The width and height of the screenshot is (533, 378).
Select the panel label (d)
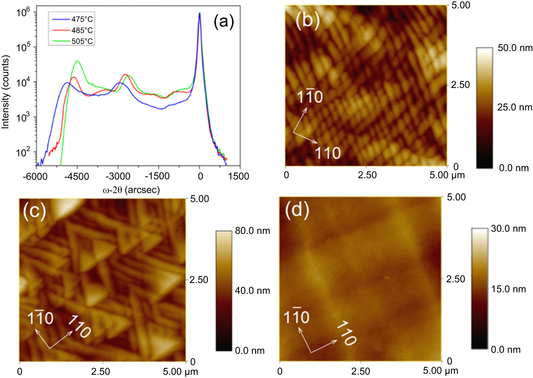(x=297, y=209)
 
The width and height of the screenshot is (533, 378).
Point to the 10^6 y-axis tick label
(x=23, y=13)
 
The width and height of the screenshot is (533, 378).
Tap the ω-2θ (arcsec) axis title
(x=131, y=190)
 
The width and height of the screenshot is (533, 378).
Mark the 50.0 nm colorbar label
(x=515, y=48)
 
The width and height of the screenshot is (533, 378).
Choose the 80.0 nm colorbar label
(x=252, y=231)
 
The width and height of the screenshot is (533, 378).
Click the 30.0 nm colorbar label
(x=508, y=228)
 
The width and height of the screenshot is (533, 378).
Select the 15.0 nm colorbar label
(x=508, y=289)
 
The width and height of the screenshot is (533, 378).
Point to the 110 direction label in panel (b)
(x=328, y=153)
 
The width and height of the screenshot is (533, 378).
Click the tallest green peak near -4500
(x=77, y=61)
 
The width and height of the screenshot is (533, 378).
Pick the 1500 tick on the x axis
(x=239, y=176)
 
